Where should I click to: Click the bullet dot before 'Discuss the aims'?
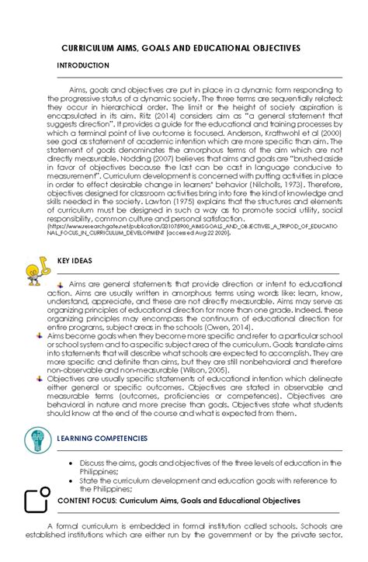pyautogui.click(x=72, y=463)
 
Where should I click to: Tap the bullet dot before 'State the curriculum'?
pyautogui.click(x=72, y=481)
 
